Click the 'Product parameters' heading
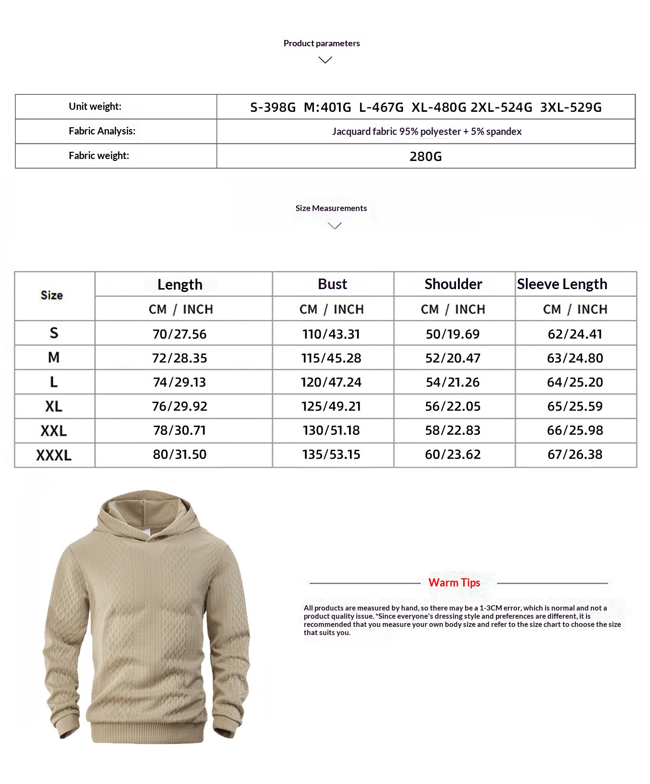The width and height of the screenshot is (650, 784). [x=322, y=43]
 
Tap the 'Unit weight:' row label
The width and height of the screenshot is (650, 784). [x=95, y=106]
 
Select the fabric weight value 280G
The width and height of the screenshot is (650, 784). [x=426, y=157]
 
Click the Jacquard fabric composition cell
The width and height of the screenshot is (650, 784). [x=427, y=132]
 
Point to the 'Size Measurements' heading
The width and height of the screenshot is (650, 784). [x=331, y=208]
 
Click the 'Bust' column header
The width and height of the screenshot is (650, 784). [x=332, y=284]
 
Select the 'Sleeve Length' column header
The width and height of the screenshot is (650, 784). [x=562, y=284]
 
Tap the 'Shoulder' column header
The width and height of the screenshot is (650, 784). [x=453, y=284]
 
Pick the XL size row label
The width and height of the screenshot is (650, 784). [x=53, y=407]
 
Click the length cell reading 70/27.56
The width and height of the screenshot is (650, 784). [x=180, y=334]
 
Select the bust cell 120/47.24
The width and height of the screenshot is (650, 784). [x=331, y=382]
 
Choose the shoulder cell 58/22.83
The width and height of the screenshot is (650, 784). [x=453, y=430]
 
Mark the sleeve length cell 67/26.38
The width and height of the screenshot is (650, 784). [x=575, y=454]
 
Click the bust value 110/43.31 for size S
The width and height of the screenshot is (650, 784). [x=331, y=334]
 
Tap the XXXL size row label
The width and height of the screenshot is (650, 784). [x=53, y=455]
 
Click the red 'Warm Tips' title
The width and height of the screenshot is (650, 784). [x=454, y=583]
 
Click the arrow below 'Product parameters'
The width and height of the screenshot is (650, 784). [x=325, y=60]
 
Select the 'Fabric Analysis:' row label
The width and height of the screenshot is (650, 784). [x=102, y=131]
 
